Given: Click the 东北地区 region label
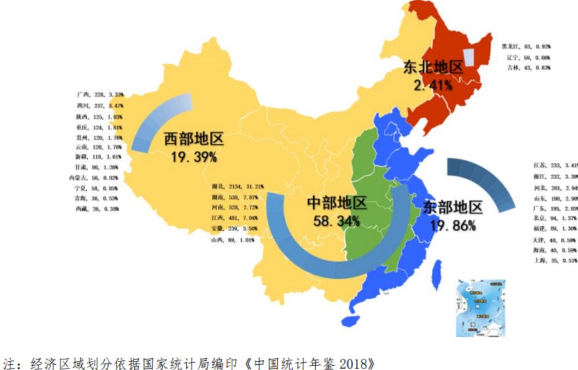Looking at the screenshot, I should click(x=433, y=68).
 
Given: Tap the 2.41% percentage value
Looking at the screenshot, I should click(x=433, y=85).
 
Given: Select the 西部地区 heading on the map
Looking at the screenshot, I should click(x=193, y=140).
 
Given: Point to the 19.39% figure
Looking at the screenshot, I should click(x=193, y=157).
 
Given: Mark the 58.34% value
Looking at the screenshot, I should click(x=337, y=220).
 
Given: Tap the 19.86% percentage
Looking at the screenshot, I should click(x=453, y=225).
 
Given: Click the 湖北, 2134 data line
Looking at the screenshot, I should click(x=238, y=186).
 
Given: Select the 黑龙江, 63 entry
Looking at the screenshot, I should click(x=526, y=47).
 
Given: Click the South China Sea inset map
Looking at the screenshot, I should click(x=480, y=308).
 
